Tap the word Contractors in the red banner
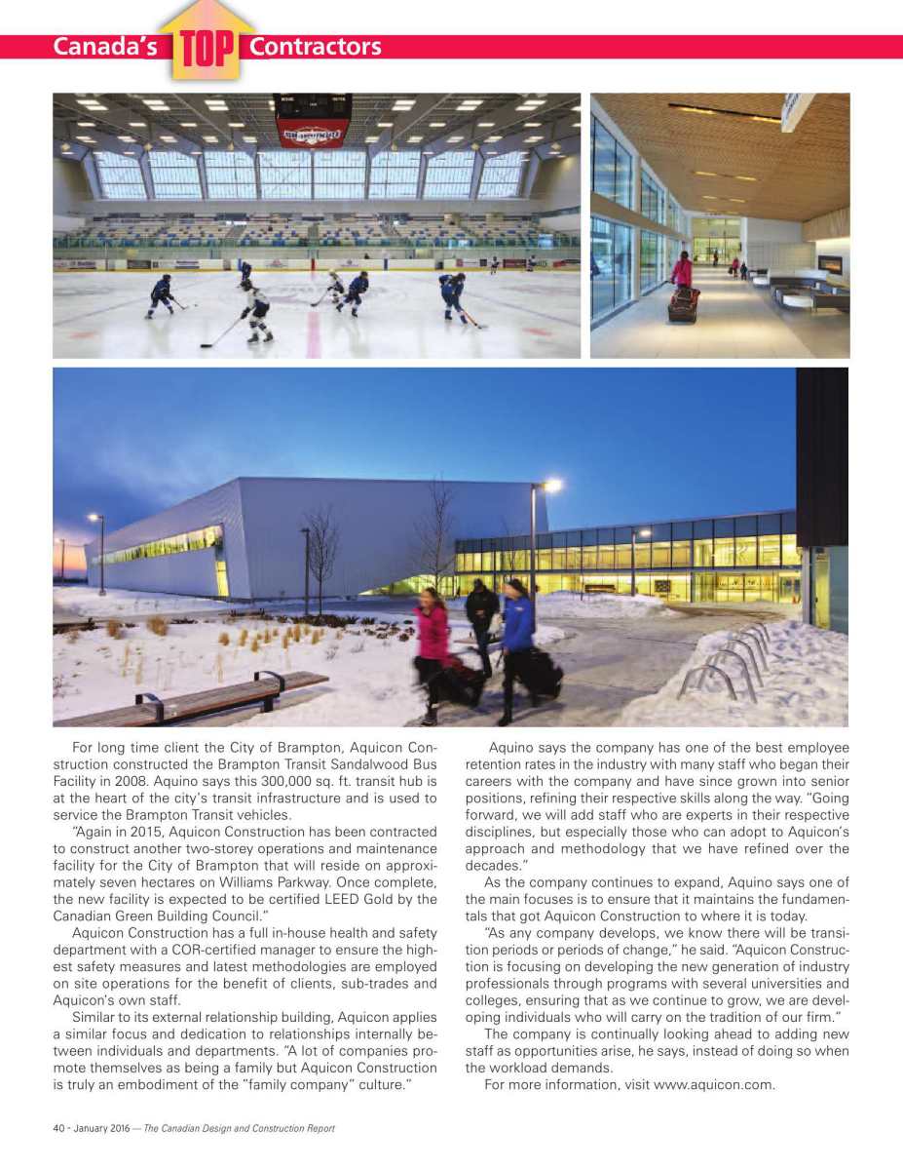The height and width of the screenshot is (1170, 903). (x=315, y=47)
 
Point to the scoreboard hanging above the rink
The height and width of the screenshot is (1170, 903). (x=312, y=122)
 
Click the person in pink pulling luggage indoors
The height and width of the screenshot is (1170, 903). (x=683, y=270)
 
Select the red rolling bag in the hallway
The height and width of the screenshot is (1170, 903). (x=684, y=304)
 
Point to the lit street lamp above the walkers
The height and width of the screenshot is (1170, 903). (x=551, y=485)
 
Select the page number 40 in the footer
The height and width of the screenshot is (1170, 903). (x=58, y=1128)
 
